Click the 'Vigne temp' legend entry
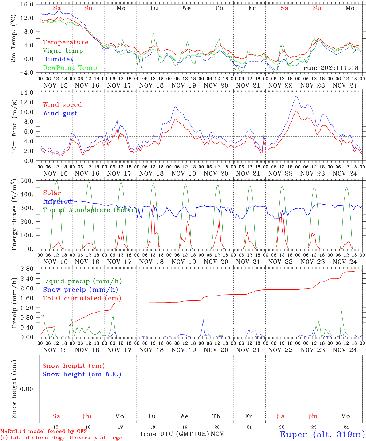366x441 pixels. pyautogui.click(x=63, y=51)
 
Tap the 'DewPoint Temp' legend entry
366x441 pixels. pyautogui.click(x=70, y=68)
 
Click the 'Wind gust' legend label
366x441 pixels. pyautogui.click(x=60, y=113)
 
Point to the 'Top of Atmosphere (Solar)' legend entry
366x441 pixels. pyautogui.click(x=90, y=210)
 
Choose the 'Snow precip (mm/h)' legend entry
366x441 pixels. pyautogui.click(x=80, y=290)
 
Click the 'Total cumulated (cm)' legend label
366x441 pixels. pyautogui.click(x=82, y=298)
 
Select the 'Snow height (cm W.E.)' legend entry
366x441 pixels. pyautogui.click(x=82, y=374)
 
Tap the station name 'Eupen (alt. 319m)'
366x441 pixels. pyautogui.click(x=322, y=434)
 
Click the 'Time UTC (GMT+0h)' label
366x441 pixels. pyautogui.click(x=174, y=434)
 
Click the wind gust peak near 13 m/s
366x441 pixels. pyautogui.click(x=296, y=96)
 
